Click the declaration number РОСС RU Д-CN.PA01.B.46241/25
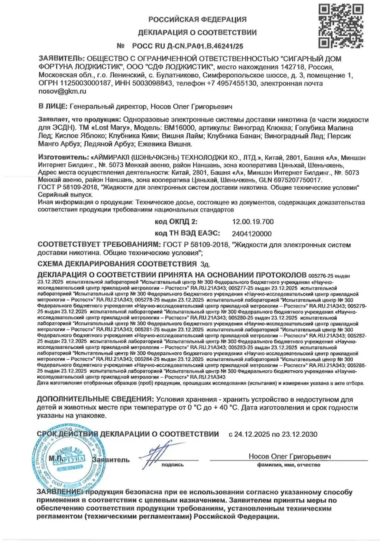point(188,46)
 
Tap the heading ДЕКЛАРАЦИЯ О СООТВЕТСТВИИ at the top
point(197,33)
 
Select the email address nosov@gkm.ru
point(62,92)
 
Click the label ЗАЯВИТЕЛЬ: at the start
point(61,59)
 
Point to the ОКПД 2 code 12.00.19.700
point(253,222)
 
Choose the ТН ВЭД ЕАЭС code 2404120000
point(252,234)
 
